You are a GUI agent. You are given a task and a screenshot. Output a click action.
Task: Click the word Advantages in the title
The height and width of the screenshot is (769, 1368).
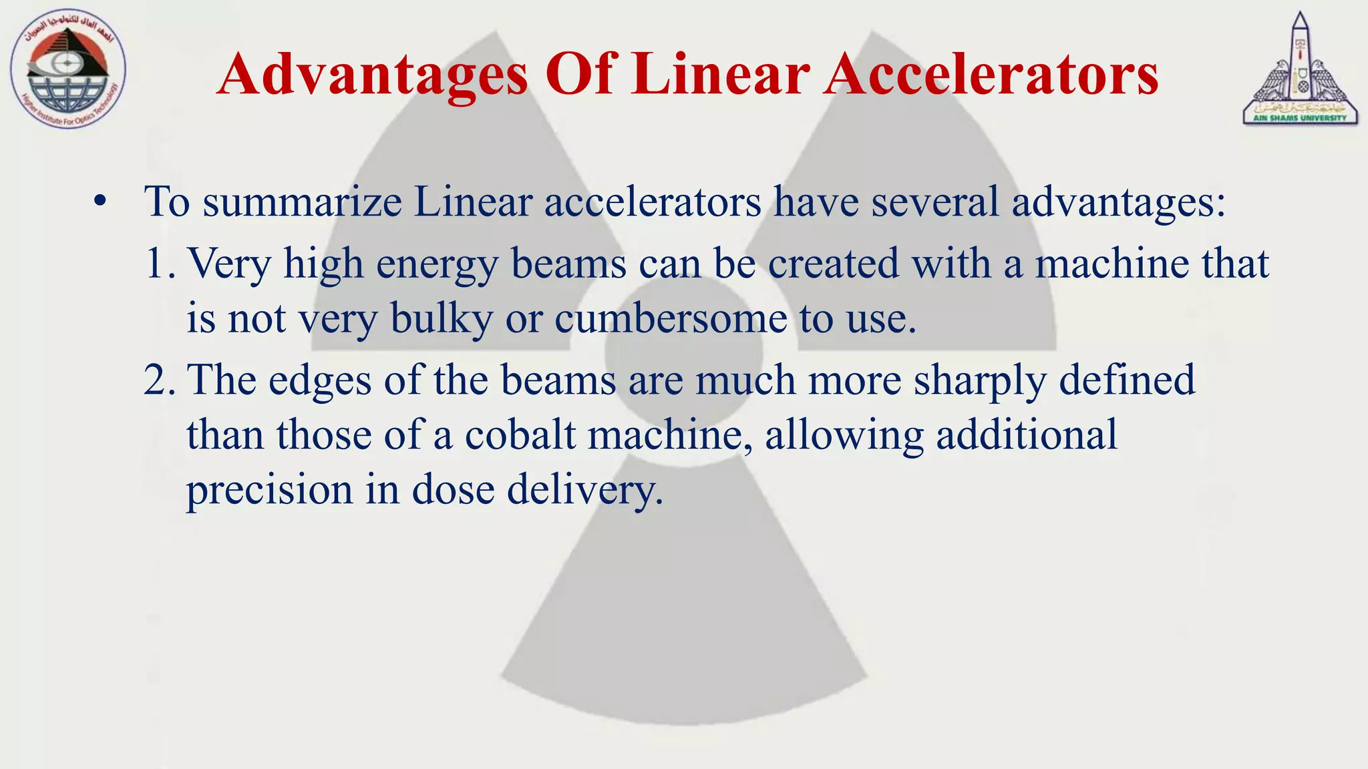click(372, 75)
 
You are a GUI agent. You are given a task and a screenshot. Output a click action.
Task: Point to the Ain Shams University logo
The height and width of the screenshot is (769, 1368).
click(1300, 69)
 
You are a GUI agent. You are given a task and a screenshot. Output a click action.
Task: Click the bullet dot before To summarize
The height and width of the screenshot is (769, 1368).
click(100, 201)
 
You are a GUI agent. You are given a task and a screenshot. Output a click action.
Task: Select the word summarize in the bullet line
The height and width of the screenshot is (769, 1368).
click(302, 201)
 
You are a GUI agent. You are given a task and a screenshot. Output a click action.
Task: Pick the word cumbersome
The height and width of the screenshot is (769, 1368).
click(671, 318)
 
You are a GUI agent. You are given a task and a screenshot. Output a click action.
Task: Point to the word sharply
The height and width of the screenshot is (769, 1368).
click(980, 381)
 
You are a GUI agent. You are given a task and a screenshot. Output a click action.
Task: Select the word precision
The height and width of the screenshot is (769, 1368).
click(269, 489)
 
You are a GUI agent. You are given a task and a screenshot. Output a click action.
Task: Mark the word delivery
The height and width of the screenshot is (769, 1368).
click(584, 489)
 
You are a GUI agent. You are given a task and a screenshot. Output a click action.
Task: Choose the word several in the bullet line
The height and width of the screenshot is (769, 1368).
click(934, 201)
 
